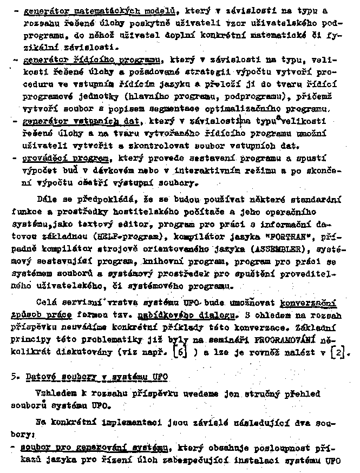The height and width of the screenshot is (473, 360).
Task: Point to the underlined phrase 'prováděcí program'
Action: (x=67, y=160)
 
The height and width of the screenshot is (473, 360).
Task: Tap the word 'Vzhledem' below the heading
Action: (x=52, y=393)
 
